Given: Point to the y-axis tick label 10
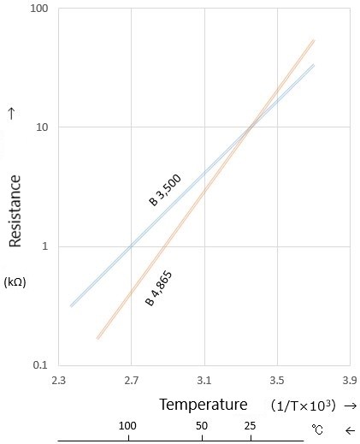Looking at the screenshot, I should tap(41, 128).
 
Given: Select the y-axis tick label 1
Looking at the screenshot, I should tap(44, 247).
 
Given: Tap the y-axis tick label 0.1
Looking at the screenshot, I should tap(41, 365).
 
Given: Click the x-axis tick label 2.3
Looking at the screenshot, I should tap(59, 378).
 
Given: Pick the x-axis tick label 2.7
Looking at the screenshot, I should tap(131, 378).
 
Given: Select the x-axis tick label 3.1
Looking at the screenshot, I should tap(204, 378).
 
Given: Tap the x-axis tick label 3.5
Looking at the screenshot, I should tap(276, 378).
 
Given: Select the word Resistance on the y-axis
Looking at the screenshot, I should tap(15, 209).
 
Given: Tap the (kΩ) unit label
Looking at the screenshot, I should tap(15, 281).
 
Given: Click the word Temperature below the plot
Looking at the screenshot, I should tap(203, 405).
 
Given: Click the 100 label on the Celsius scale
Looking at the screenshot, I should tap(128, 426).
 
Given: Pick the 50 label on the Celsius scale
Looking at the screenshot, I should tap(202, 426).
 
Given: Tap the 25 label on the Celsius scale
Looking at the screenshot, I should tap(251, 426).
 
